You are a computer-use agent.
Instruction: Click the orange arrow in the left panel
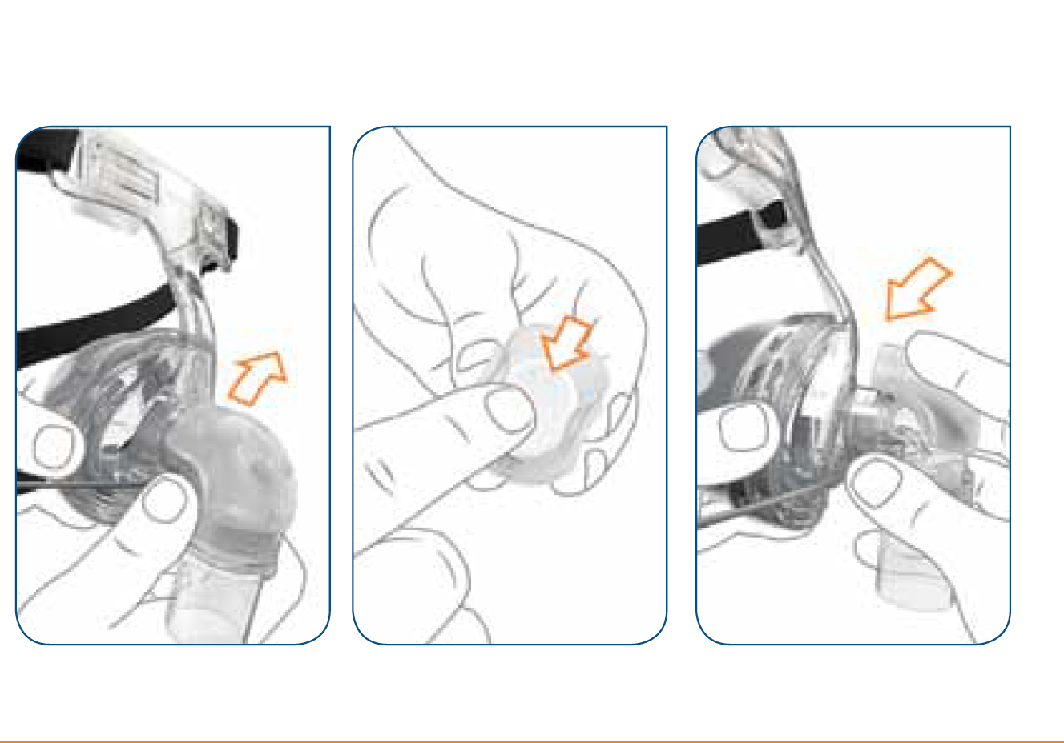(x=256, y=378)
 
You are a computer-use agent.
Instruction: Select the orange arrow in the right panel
(x=917, y=290)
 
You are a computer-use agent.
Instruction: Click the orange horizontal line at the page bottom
(x=532, y=741)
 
